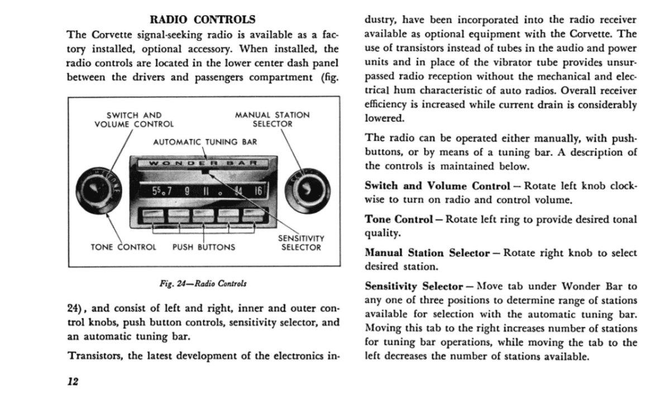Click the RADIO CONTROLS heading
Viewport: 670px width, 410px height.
point(203,20)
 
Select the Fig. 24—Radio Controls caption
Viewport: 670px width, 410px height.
point(203,283)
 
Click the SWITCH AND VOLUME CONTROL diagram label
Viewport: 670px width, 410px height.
point(133,119)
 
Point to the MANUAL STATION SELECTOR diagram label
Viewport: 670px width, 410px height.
point(272,119)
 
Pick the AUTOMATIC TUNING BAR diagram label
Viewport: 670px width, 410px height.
point(205,142)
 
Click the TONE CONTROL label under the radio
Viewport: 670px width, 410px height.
point(123,247)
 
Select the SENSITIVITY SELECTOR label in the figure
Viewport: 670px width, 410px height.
point(301,243)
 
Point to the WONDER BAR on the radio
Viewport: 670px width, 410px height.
point(204,163)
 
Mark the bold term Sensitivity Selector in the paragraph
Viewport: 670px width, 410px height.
point(414,287)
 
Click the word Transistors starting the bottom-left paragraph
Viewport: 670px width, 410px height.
point(95,356)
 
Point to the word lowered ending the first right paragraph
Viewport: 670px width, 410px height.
point(383,118)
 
